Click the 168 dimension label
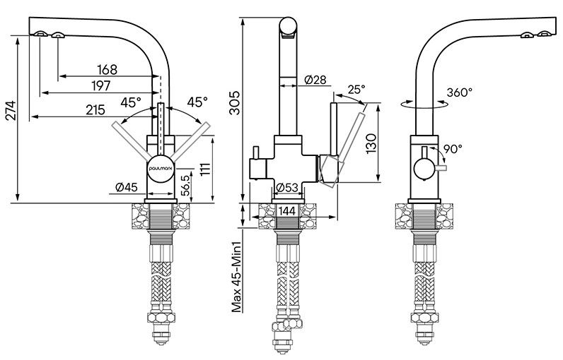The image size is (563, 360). [x=107, y=69]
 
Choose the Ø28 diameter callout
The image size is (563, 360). [x=315, y=80]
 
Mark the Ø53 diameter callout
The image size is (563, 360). [x=286, y=188]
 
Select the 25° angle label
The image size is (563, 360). [x=356, y=90]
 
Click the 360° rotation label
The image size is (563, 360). [x=460, y=92]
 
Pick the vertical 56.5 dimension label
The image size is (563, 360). [x=185, y=185]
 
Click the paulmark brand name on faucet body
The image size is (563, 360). [x=161, y=167]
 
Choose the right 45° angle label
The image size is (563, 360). [x=197, y=102]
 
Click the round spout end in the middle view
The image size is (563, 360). [x=289, y=26]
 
